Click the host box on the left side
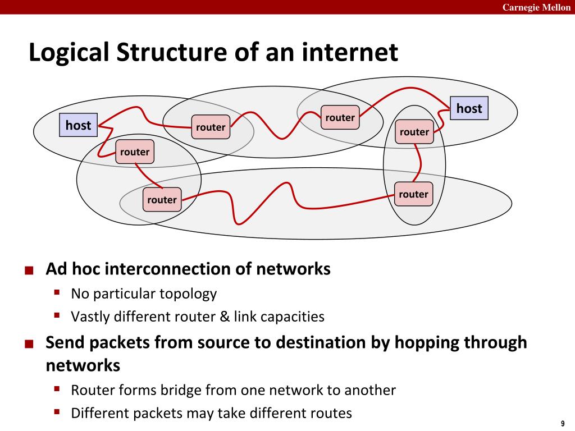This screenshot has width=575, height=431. click(78, 125)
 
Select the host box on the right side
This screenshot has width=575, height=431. click(469, 108)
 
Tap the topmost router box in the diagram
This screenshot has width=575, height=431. click(340, 117)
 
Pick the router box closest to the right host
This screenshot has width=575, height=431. click(414, 132)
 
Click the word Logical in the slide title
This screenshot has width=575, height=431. click(69, 53)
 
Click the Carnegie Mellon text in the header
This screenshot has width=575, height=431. click(536, 7)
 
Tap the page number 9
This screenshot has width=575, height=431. click(562, 423)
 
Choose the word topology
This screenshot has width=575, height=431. click(188, 294)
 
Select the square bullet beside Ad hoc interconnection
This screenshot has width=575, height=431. click(29, 270)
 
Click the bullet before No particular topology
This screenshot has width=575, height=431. click(57, 292)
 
